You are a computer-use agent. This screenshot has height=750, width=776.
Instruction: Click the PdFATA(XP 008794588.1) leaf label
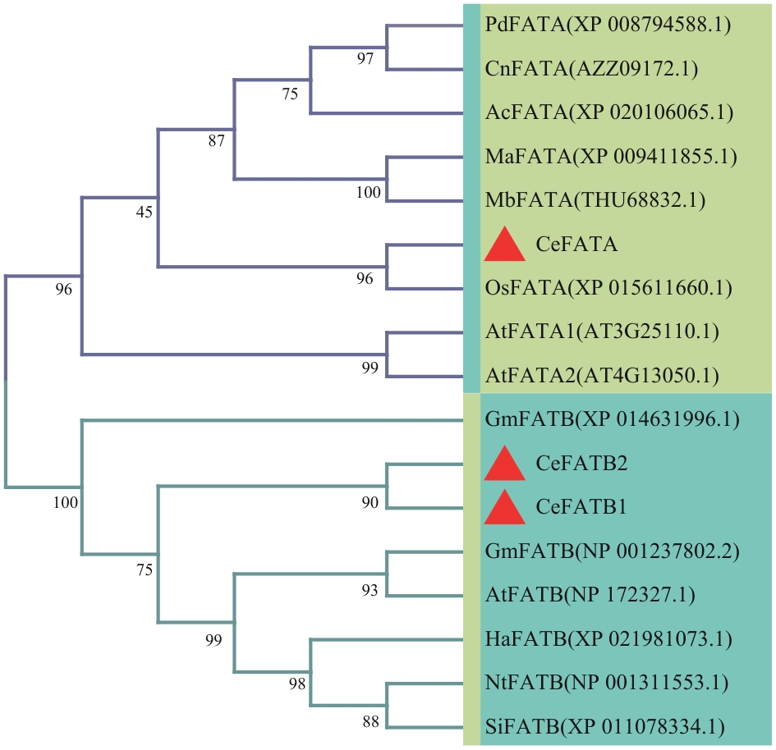[x=608, y=25]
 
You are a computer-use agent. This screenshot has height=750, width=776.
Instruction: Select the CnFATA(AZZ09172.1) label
[x=591, y=69]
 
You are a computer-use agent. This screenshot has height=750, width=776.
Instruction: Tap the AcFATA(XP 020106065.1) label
[x=609, y=112]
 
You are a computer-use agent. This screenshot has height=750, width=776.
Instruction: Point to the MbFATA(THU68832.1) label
[x=595, y=200]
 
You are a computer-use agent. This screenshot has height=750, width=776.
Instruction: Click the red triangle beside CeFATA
[x=505, y=245]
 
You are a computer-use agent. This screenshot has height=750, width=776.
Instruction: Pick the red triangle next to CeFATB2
[x=505, y=464]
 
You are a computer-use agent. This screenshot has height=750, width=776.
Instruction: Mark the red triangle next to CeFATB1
[x=505, y=507]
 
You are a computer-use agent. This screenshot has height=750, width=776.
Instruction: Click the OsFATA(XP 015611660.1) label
[x=608, y=288]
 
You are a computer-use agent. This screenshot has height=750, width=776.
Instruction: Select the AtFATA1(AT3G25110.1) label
[x=602, y=332]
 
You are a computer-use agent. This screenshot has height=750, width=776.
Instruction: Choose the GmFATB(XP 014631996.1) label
[x=613, y=419]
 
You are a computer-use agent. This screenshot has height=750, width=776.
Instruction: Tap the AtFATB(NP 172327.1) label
[x=590, y=595]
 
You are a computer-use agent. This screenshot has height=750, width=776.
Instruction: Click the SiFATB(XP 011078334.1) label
[x=604, y=727]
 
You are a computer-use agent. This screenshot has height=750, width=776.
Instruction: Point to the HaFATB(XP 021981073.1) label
[x=608, y=638]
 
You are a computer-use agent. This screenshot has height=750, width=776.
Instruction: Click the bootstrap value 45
[x=145, y=212]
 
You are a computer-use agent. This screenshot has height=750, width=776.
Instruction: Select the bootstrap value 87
[x=216, y=141]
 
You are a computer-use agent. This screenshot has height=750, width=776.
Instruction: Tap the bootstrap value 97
[x=365, y=58]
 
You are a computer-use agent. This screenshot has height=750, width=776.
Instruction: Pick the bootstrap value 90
[x=370, y=502]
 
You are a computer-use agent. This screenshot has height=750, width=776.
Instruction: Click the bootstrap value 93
[x=370, y=590]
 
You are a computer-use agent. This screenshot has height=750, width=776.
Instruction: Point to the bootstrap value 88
[x=370, y=722]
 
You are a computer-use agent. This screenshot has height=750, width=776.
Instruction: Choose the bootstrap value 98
[x=297, y=684]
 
